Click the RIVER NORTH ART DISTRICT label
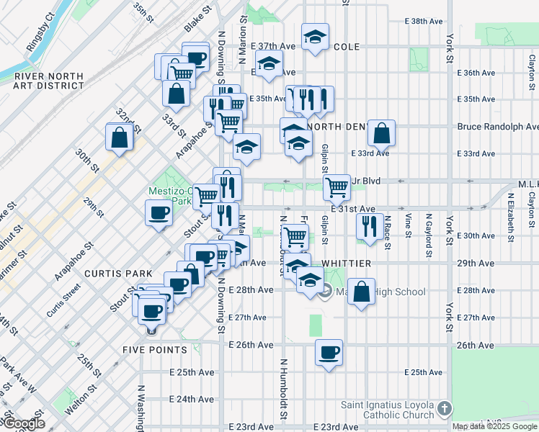[x=44, y=80]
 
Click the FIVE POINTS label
[x=155, y=350]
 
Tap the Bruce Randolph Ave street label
[x=497, y=127]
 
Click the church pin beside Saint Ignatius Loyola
[x=445, y=409]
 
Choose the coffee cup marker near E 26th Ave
[x=329, y=353]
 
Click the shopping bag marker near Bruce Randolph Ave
[x=381, y=133]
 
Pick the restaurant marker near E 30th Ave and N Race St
[x=368, y=226]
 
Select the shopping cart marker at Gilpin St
[x=337, y=188]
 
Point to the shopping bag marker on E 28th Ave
[x=362, y=292]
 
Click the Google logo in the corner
[x=23, y=423]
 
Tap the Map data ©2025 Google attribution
[x=494, y=426]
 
